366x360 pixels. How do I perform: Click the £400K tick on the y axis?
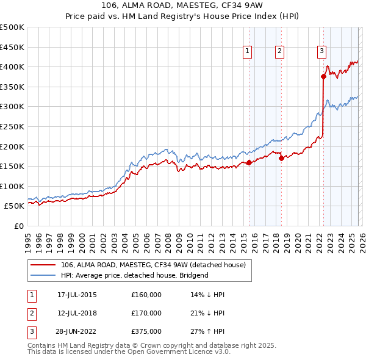click(12, 67)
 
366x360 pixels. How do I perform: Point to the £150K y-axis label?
click(12, 166)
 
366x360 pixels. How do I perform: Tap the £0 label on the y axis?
click(18, 226)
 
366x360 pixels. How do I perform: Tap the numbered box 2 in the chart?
click(280, 52)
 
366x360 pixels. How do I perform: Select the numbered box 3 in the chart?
click(321, 52)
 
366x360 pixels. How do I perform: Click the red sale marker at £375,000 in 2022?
click(323, 76)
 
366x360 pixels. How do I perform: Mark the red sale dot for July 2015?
click(249, 162)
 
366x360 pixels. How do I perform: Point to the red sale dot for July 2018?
click(281, 158)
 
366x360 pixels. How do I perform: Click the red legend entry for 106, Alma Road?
click(152, 265)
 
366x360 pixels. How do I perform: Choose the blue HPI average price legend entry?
click(134, 275)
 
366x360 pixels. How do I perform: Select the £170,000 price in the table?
click(146, 313)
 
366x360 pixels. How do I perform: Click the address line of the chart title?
click(183, 5)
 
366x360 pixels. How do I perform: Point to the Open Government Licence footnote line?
click(129, 352)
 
